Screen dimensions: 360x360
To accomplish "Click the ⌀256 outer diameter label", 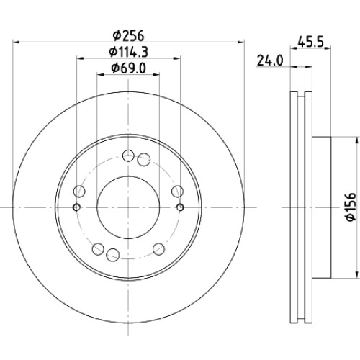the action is tap(128, 36).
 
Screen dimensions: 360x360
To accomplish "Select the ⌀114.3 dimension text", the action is tap(128, 52).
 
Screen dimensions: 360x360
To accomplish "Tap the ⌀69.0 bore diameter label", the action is tap(128, 68).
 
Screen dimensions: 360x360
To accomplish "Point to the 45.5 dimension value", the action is tap(310, 42).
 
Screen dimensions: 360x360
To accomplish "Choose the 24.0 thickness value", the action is tap(270, 60).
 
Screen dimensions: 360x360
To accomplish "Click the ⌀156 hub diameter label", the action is tap(351, 207).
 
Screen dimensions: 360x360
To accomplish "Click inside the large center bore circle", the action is tap(128, 207).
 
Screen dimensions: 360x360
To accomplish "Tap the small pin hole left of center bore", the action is tap(76, 207).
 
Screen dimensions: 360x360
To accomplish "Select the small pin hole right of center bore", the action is tap(180, 207).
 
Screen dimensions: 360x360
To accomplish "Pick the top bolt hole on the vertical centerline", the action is tap(128, 156).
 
